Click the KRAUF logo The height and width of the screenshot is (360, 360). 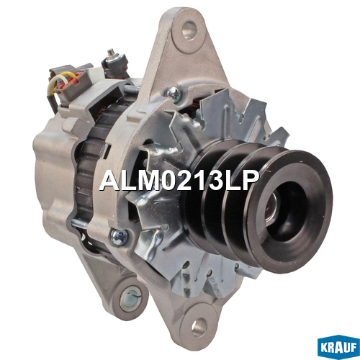[338, 347]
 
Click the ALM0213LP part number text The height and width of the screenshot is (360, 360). [179, 181]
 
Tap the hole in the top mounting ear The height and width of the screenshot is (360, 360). [189, 30]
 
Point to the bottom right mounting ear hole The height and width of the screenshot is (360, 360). [199, 328]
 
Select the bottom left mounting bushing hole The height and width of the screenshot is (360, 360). [130, 297]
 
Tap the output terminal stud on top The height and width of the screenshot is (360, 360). [110, 53]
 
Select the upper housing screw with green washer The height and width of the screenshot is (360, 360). [173, 93]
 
